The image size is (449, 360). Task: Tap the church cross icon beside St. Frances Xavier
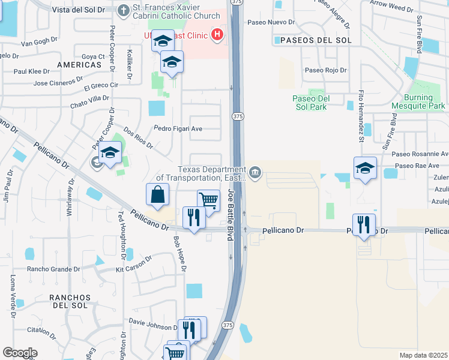click(123, 10)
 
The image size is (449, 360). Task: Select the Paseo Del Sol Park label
click(310, 103)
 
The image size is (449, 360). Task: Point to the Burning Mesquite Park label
click(418, 103)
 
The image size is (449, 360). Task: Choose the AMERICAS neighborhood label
click(79, 64)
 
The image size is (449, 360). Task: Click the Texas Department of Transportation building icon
click(255, 173)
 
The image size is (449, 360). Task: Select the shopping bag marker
click(157, 195)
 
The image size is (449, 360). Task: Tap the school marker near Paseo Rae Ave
click(364, 169)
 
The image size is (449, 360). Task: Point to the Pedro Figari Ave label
click(178, 128)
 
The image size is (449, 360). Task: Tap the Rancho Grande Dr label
click(53, 269)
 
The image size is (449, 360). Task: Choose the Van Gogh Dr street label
click(39, 43)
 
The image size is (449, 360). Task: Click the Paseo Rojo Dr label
click(326, 70)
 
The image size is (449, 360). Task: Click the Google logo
click(20, 353)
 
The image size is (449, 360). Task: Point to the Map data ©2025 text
click(423, 355)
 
